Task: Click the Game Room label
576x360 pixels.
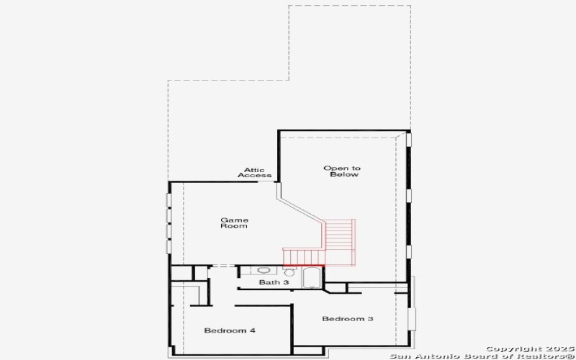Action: (234, 223)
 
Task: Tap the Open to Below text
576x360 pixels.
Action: (342, 171)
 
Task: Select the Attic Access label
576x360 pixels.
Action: (255, 173)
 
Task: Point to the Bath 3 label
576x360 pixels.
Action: (274, 282)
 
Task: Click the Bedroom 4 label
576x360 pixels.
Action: (230, 330)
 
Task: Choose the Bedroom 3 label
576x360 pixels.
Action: (348, 319)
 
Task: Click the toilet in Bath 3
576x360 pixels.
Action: (289, 272)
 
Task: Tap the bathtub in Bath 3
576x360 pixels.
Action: (312, 278)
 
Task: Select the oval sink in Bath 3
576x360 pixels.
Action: (263, 271)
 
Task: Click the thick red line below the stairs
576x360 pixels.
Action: (304, 265)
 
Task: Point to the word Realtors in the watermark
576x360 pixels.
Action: (546, 356)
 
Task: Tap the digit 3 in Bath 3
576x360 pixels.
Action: (286, 282)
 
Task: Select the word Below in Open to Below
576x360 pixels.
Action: (344, 174)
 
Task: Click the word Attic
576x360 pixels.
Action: (255, 170)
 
